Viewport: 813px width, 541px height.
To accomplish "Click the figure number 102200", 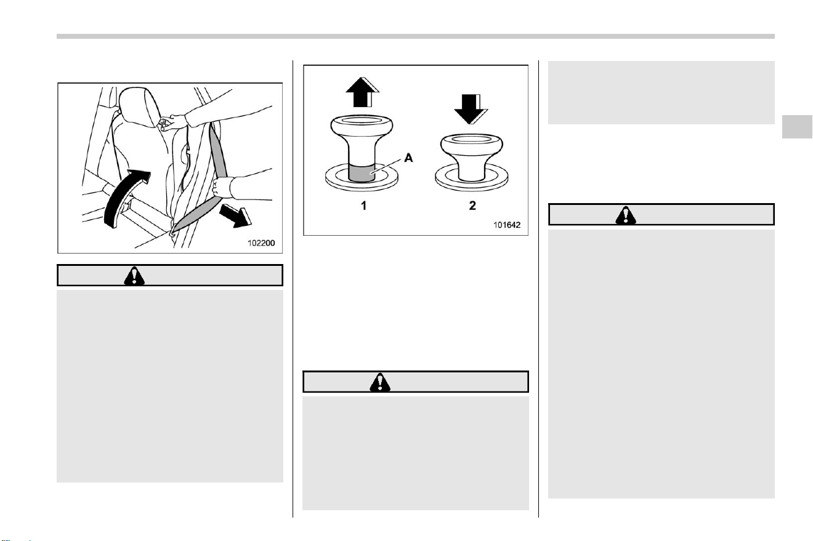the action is pyautogui.click(x=261, y=242).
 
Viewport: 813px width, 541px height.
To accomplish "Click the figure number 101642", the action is pyautogui.click(x=507, y=225).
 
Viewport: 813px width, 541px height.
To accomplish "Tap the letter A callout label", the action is pyautogui.click(x=408, y=158).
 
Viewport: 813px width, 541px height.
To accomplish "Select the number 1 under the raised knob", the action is pyautogui.click(x=363, y=206).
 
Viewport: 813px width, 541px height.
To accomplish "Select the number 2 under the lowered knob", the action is pyautogui.click(x=472, y=206).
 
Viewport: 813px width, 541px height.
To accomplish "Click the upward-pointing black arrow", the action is pyautogui.click(x=362, y=92).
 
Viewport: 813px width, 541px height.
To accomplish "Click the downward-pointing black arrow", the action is pyautogui.click(x=471, y=109).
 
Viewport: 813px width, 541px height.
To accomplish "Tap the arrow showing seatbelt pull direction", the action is pyautogui.click(x=236, y=216).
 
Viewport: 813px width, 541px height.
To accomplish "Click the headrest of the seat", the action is pyautogui.click(x=140, y=107).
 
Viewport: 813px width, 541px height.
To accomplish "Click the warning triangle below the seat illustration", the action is pyautogui.click(x=134, y=276).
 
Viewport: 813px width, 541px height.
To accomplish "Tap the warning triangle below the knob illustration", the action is pyautogui.click(x=380, y=382).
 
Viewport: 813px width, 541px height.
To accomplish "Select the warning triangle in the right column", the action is pyautogui.click(x=626, y=215).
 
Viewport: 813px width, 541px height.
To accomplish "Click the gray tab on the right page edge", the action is pyautogui.click(x=797, y=127).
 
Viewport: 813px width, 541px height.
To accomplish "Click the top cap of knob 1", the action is pyautogui.click(x=362, y=125).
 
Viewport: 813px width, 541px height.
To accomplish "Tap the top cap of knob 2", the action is pyautogui.click(x=471, y=144).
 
